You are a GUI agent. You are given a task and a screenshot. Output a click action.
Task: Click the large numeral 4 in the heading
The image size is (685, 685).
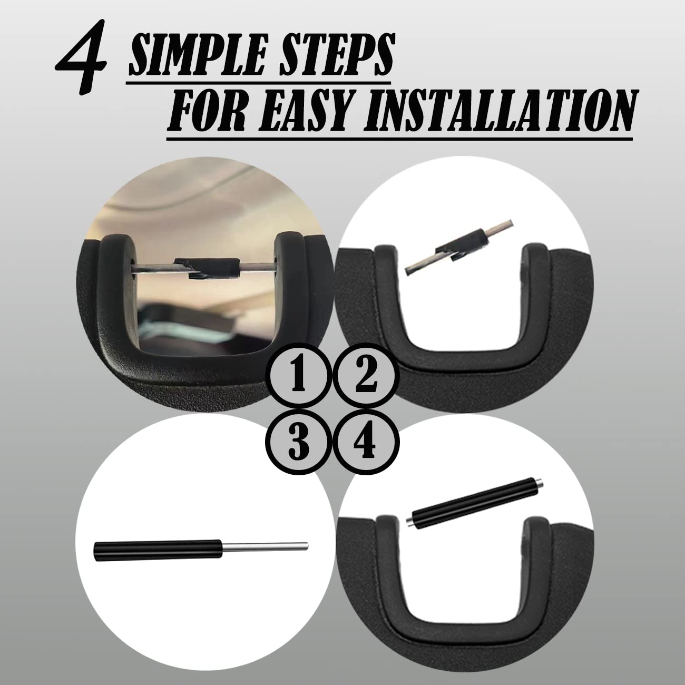[81, 60]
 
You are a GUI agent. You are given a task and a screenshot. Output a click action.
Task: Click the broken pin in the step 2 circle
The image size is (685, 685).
[460, 249]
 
